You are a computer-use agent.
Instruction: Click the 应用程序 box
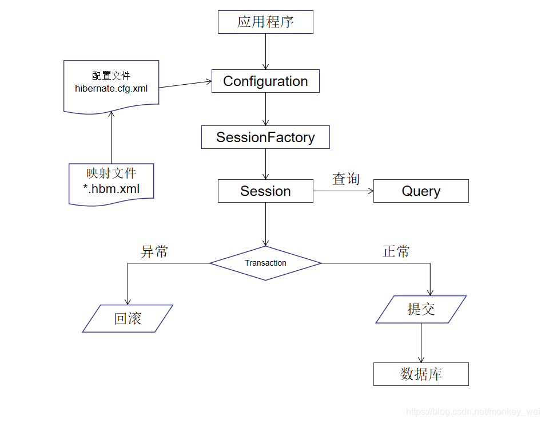point(265,22)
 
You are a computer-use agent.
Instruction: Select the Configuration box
point(265,81)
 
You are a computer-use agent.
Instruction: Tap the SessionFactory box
point(265,137)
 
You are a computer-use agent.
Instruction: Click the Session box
point(265,191)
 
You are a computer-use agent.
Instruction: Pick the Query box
point(421,191)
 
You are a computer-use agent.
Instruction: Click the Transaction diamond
point(265,263)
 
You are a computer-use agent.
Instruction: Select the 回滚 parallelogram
point(128,319)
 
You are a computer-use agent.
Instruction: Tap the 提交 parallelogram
point(421,309)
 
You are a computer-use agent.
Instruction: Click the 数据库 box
point(421,374)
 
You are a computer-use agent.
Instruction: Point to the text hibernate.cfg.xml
point(111,88)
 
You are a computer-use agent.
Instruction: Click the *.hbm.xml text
point(111,188)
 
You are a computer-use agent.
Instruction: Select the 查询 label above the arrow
point(346,179)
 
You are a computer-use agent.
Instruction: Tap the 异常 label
point(154,251)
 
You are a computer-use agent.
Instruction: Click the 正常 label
point(396,251)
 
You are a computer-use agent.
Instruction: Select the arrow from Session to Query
point(343,191)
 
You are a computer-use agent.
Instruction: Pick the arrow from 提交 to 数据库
point(421,342)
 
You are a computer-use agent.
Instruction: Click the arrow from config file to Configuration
point(185,84)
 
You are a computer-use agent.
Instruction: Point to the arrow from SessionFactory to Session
point(265,164)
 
